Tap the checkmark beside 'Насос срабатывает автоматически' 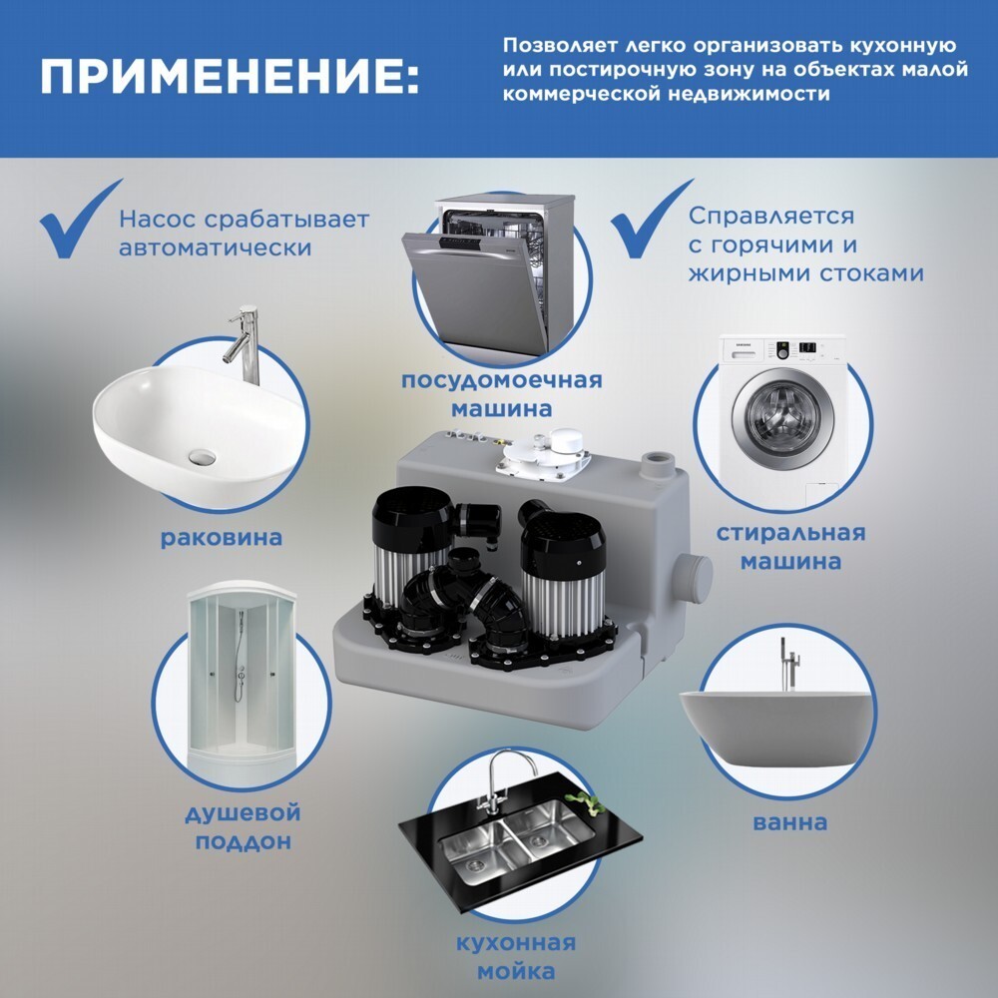80,220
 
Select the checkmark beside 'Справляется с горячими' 651,220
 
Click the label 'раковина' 221,538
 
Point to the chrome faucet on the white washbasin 245,343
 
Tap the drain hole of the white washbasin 203,456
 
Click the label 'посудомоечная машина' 502,394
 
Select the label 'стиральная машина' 790,547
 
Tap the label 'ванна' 789,822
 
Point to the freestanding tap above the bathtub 789,665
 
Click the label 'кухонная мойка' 516,957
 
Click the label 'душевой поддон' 243,827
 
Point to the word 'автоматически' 216,248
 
